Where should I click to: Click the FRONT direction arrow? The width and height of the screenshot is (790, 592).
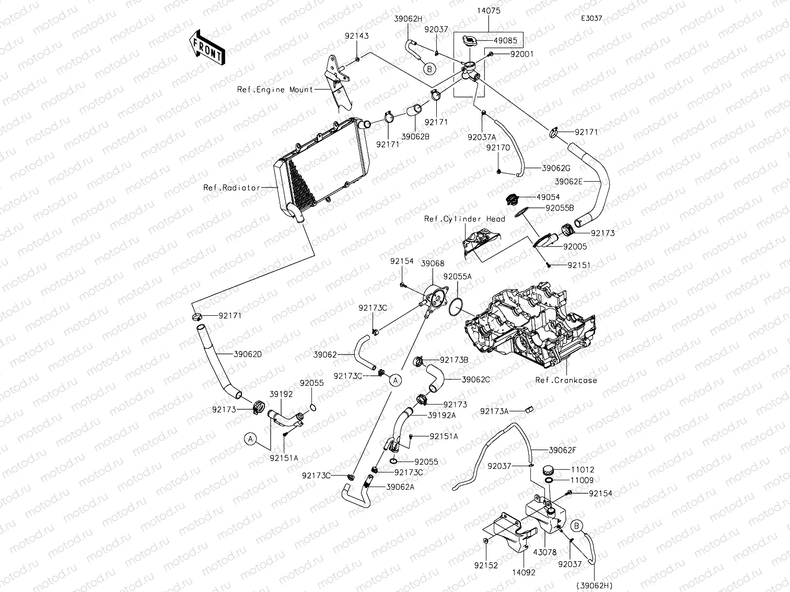click(207, 48)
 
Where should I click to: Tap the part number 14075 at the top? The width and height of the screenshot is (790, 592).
click(489, 11)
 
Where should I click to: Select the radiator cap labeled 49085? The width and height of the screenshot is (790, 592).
click(470, 40)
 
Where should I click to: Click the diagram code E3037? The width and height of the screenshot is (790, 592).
click(591, 18)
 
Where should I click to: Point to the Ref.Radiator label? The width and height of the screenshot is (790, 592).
click(231, 187)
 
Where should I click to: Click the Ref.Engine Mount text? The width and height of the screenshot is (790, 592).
click(275, 89)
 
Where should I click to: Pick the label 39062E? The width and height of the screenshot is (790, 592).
click(568, 182)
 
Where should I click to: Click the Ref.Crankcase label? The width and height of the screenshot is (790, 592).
click(566, 380)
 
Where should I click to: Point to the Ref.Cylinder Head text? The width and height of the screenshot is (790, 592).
click(464, 219)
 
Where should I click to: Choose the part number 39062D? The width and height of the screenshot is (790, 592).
click(248, 354)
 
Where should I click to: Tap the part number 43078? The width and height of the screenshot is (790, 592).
click(544, 552)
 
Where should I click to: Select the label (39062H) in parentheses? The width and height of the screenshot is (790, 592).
click(594, 586)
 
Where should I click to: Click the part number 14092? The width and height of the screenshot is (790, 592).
click(524, 573)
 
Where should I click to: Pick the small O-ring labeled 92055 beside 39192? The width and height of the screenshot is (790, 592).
click(313, 408)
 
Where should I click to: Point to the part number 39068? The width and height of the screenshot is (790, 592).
click(433, 264)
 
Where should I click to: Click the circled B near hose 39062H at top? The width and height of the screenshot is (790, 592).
click(429, 69)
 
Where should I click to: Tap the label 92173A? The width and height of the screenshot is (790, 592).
click(494, 411)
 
